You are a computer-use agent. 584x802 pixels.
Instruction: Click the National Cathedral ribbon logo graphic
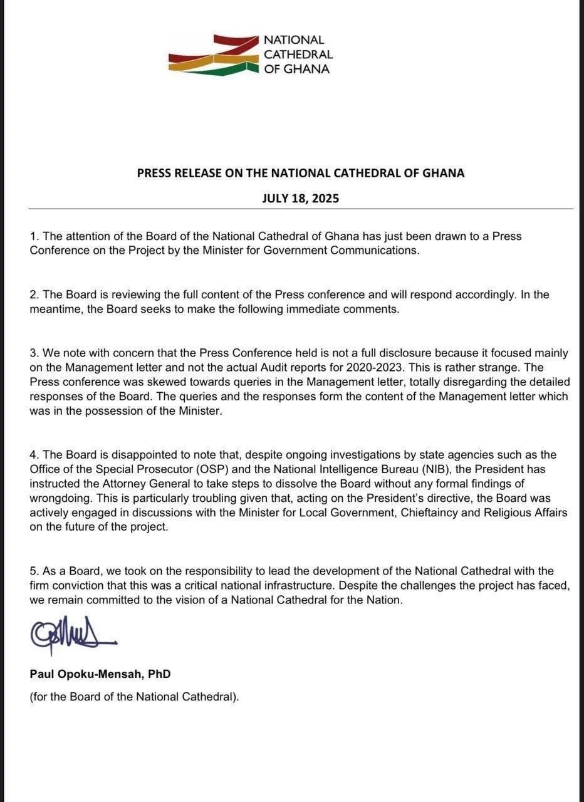coord(213,55)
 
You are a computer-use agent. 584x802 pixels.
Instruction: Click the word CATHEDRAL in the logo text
coord(298,55)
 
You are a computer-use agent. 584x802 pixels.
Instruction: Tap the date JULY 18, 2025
coord(300,198)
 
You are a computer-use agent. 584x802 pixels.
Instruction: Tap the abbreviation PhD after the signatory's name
coord(159,674)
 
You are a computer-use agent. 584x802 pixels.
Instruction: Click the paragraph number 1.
coord(34,236)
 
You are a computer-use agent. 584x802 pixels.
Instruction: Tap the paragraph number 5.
coord(34,571)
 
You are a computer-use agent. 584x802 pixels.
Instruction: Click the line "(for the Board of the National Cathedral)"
coord(134,696)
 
